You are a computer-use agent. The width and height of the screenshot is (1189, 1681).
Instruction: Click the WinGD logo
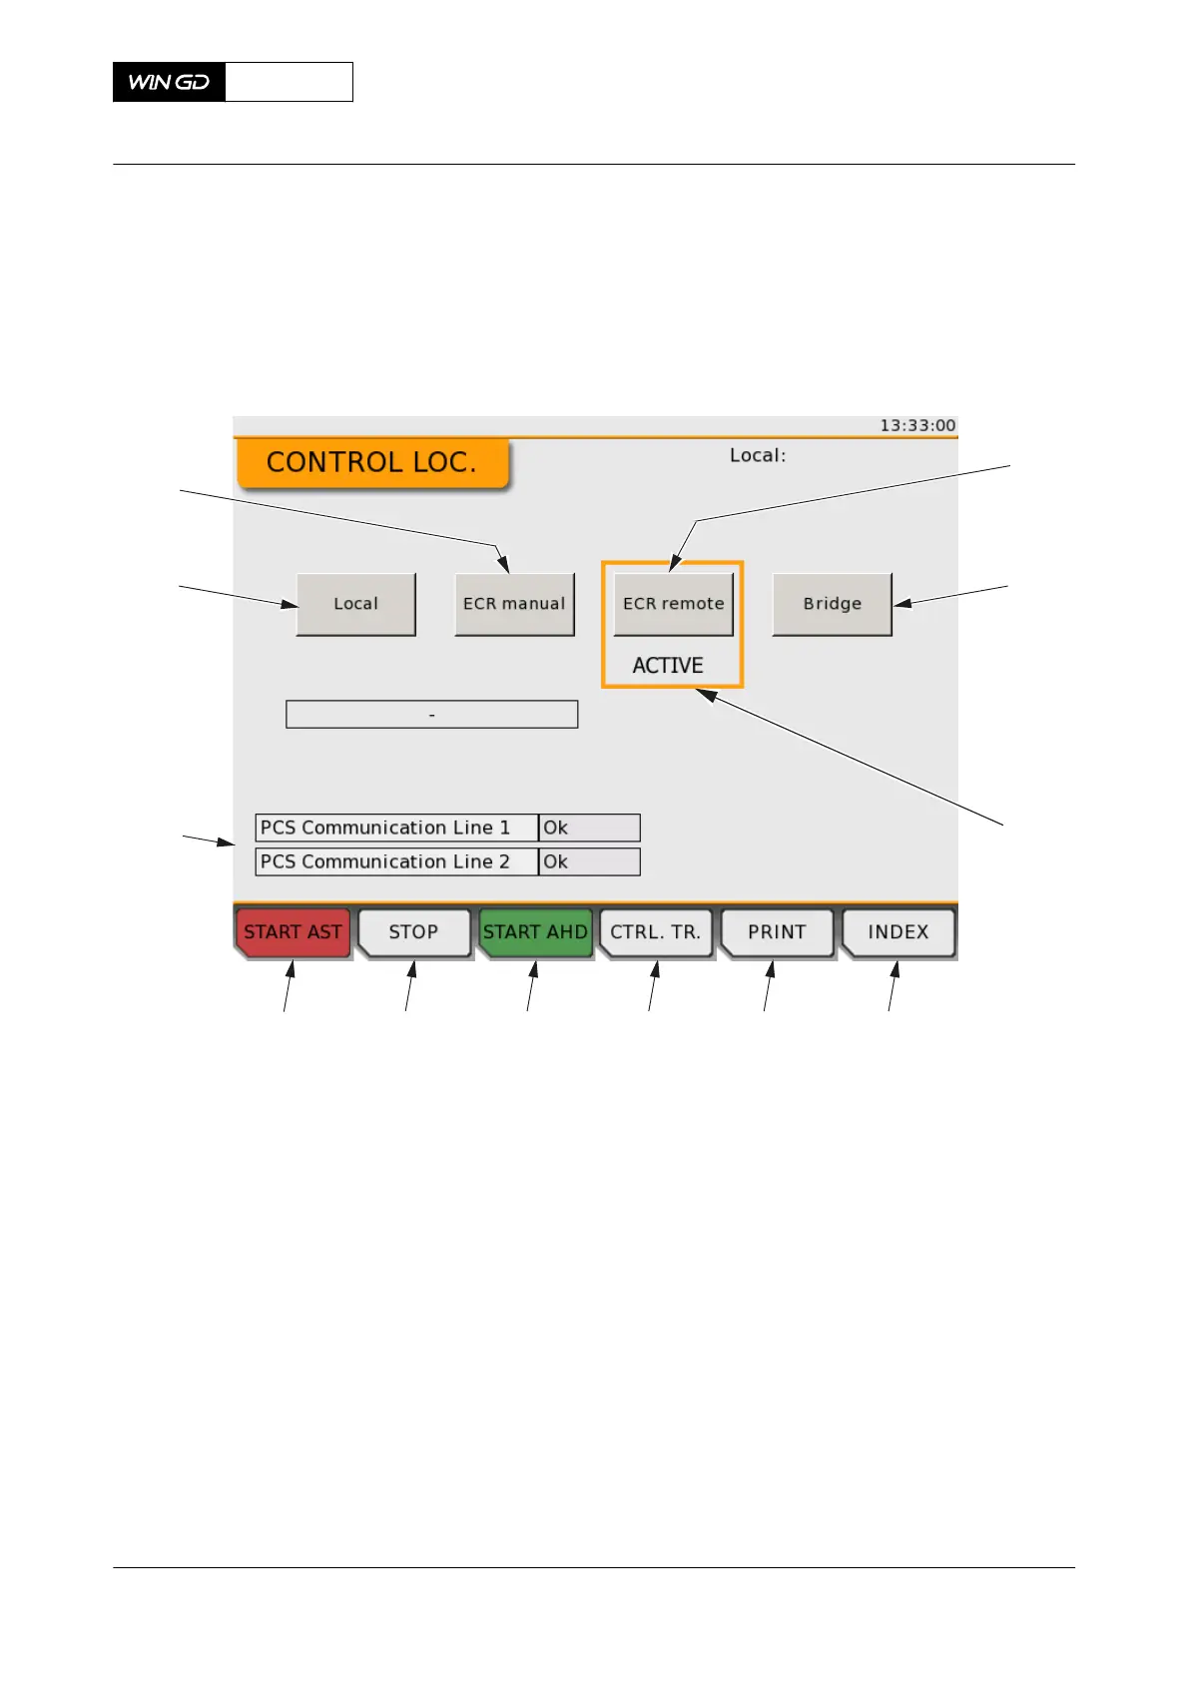170,82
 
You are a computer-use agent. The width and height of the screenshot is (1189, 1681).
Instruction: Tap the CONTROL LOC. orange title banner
371,463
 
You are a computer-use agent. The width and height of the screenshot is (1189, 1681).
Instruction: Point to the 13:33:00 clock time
916,425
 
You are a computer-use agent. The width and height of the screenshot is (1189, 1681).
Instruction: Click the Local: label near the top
758,455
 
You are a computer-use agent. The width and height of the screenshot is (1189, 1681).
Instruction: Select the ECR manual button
514,604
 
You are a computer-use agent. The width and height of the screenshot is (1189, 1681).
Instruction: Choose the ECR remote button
673,604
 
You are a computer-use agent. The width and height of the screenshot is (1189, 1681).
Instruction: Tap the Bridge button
832,604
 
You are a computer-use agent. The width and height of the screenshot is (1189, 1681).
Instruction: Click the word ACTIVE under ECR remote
668,666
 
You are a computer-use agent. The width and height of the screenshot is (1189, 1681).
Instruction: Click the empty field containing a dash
431,715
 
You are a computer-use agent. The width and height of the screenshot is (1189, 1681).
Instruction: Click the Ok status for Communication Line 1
589,828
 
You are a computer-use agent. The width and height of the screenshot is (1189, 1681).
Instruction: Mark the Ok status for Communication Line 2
589,861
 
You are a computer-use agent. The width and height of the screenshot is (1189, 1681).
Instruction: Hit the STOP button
413,932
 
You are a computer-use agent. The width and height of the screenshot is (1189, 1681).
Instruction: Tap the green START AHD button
535,932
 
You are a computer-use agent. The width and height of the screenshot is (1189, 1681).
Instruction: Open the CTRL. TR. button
656,932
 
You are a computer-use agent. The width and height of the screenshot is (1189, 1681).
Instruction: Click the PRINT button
777,932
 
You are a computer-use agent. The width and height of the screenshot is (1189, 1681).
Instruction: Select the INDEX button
897,932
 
